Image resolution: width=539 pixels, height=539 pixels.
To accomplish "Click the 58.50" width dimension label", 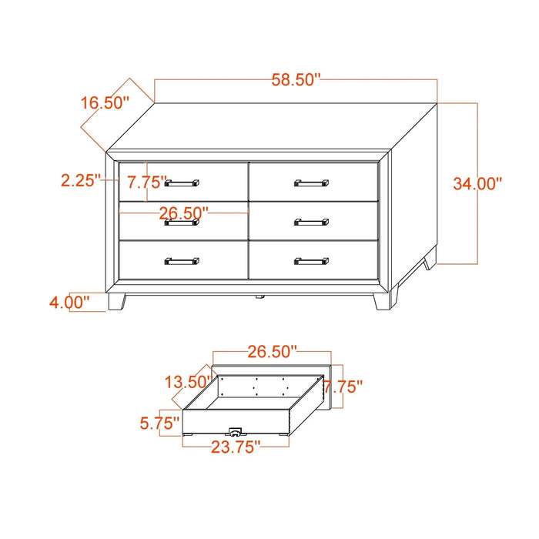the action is (x=296, y=80).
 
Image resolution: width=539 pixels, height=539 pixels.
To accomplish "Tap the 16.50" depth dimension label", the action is (x=105, y=102).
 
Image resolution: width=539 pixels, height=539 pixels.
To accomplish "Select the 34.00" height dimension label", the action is (x=477, y=183).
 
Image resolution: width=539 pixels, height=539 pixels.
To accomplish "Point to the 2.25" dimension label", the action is (x=81, y=180).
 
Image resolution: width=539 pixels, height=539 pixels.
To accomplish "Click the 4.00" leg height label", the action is (x=69, y=303).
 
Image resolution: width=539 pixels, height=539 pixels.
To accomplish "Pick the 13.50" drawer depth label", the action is (x=189, y=382).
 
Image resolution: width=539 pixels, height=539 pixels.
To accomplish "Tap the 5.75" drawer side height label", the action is (x=160, y=423).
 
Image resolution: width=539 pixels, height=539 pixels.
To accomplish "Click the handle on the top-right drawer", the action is (x=311, y=183).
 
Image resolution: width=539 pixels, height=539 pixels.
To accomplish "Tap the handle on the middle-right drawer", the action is (x=311, y=222).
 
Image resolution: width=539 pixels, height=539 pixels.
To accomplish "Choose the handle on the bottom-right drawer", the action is (x=311, y=261).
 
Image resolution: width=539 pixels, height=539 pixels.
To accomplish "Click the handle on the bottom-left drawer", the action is (x=182, y=261).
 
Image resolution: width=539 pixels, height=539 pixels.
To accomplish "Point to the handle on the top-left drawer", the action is (x=182, y=183).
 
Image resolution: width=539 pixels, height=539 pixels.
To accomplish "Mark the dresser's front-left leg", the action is (x=117, y=302).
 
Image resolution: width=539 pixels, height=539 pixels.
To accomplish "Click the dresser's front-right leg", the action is (x=382, y=302).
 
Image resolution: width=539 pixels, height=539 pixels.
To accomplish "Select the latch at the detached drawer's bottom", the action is (x=236, y=432).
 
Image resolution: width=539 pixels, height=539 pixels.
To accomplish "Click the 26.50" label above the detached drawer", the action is (x=272, y=352).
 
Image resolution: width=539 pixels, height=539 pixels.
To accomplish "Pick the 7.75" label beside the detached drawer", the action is (x=343, y=387).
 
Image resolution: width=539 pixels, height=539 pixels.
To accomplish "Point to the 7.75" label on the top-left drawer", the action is (x=147, y=182).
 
